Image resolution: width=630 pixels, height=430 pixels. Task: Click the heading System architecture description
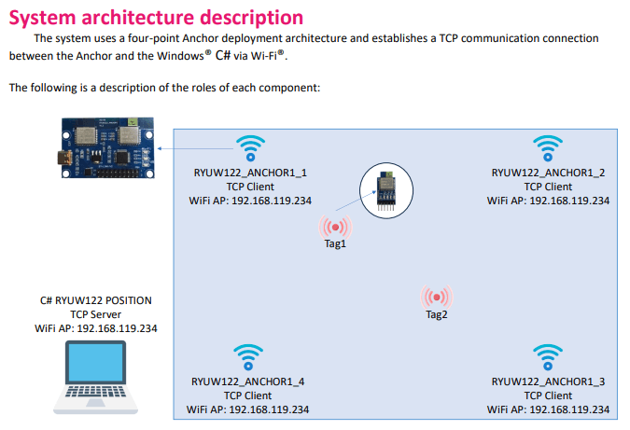click(156, 17)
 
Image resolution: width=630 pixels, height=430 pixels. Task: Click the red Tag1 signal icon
click(334, 227)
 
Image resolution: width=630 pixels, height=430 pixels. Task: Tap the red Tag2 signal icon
click(437, 298)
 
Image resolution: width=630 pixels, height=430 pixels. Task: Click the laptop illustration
click(96, 377)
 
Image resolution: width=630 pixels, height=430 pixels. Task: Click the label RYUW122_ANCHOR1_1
click(248, 173)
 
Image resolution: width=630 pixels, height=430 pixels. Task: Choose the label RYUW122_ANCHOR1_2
click(548, 173)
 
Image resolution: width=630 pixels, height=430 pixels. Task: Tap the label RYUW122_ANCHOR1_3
click(548, 381)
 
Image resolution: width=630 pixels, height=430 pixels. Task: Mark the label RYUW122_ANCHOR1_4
click(248, 381)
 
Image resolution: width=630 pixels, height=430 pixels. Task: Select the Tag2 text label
click(437, 314)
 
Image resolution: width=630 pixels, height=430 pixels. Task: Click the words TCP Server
click(96, 314)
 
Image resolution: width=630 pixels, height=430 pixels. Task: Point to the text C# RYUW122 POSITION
click(96, 300)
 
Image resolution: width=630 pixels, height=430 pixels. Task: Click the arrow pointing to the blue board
click(193, 147)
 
